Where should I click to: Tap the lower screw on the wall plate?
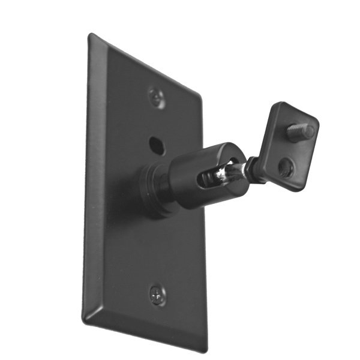(157, 294)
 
